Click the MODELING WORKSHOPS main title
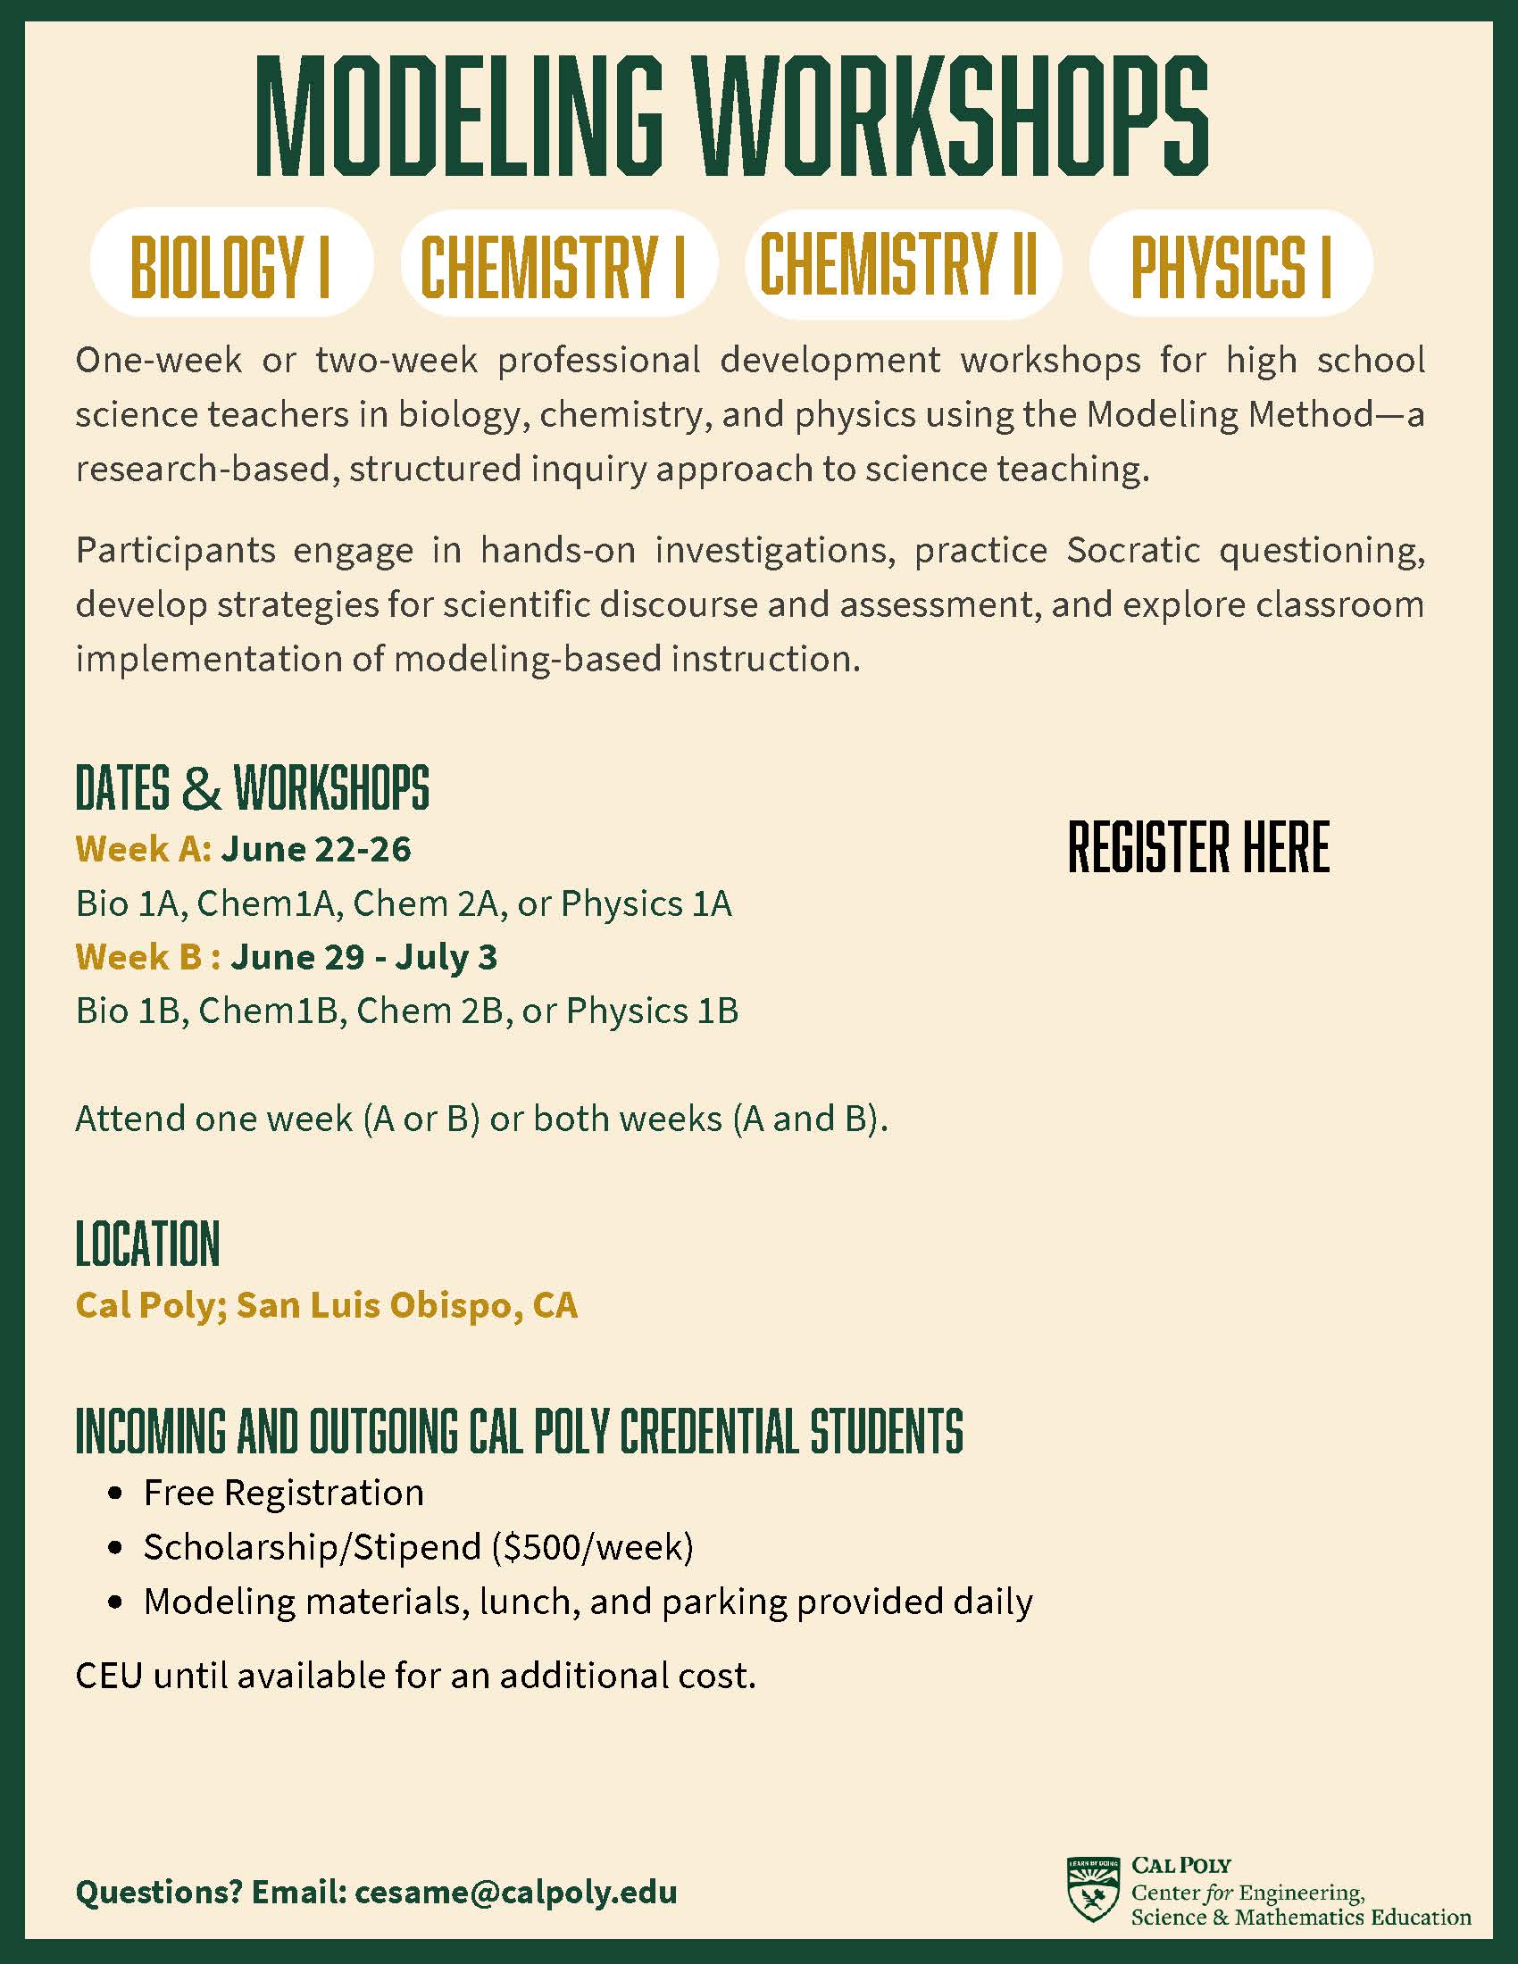tap(732, 118)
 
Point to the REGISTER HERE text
tap(1197, 847)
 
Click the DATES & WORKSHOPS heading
tap(252, 787)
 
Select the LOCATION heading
tap(147, 1244)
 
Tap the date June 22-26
tap(317, 849)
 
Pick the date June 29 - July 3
tap(363, 957)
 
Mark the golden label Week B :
tap(148, 957)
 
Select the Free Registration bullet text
tap(283, 1493)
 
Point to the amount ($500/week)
tap(593, 1547)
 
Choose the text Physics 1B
tap(652, 1011)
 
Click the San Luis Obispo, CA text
tap(406, 1306)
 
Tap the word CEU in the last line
tap(108, 1675)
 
